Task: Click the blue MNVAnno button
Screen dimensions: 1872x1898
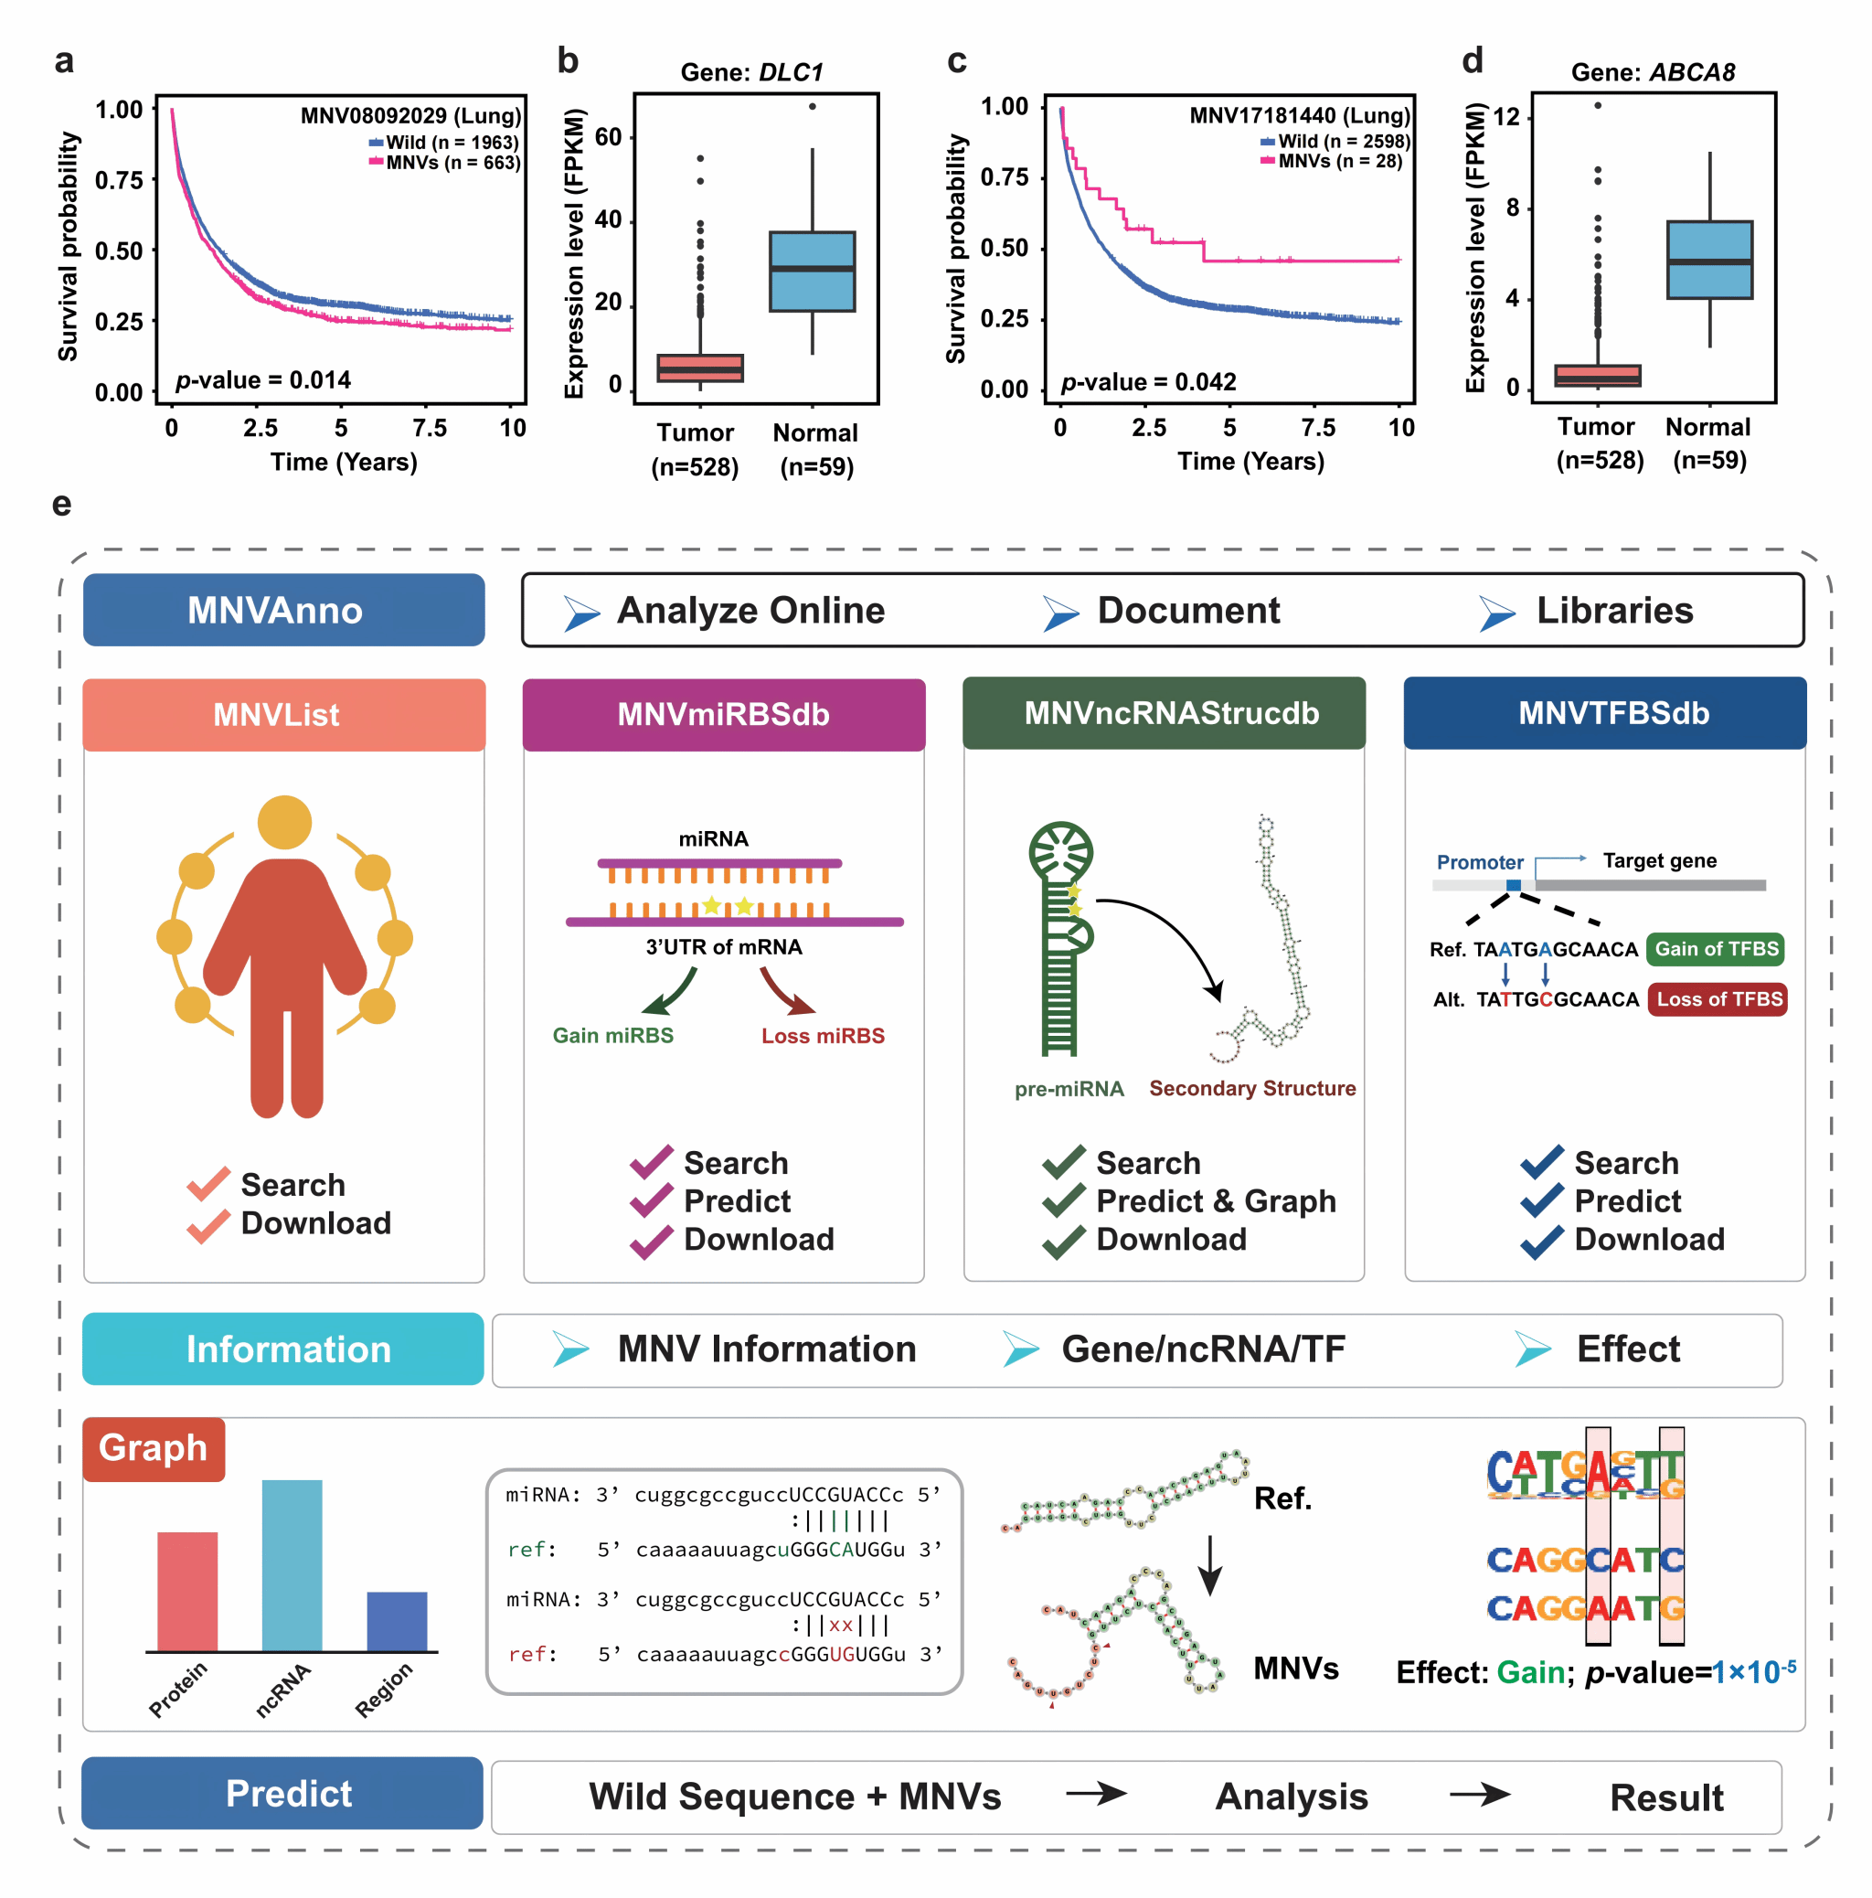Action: [284, 610]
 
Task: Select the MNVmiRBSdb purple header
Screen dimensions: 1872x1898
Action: [724, 714]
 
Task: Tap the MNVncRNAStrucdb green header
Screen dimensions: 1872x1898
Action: [1164, 713]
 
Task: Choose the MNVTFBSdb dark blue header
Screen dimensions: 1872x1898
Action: [1605, 713]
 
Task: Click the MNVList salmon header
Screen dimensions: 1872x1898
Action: [284, 714]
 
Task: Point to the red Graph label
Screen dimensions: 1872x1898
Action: [154, 1448]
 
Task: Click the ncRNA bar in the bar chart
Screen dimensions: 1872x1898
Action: [292, 1565]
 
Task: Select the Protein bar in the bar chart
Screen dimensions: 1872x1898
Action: [187, 1592]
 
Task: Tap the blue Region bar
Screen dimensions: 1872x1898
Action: [397, 1621]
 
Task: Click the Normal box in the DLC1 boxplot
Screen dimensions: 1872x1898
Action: [813, 272]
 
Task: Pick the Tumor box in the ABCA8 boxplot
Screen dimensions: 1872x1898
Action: [1598, 375]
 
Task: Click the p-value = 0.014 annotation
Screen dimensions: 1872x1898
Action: [263, 380]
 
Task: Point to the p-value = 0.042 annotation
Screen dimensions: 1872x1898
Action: [1148, 381]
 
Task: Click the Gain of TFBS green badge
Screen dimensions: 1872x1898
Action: [1716, 949]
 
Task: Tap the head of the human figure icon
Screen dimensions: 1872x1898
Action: [285, 822]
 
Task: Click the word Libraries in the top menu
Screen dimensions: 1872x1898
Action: [1614, 610]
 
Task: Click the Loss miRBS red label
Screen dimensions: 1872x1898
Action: [823, 1036]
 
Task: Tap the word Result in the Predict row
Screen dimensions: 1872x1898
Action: [1666, 1797]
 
